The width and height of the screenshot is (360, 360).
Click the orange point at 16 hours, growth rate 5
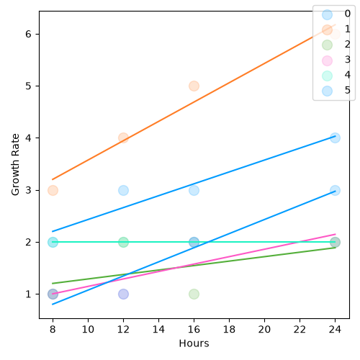pyautogui.click(x=194, y=86)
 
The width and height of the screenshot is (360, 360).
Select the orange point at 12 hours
pyautogui.click(x=123, y=138)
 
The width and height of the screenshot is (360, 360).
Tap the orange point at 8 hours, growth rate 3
pyautogui.click(x=53, y=190)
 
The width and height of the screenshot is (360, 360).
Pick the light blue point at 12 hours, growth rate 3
pyautogui.click(x=123, y=190)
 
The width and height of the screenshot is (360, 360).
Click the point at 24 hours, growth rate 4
pyautogui.click(x=335, y=138)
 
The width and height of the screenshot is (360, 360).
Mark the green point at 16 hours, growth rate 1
pyautogui.click(x=194, y=294)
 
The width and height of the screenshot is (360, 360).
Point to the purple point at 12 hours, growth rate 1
pyautogui.click(x=123, y=294)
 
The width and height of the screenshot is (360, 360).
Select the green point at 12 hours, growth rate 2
pyautogui.click(x=123, y=242)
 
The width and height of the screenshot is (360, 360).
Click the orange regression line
pyautogui.click(x=194, y=102)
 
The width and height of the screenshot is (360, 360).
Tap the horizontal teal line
pyautogui.click(x=194, y=242)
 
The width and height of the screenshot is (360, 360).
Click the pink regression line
pyautogui.click(x=194, y=264)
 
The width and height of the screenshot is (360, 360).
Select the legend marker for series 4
pyautogui.click(x=327, y=76)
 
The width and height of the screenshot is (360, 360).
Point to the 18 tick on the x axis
pyautogui.click(x=229, y=320)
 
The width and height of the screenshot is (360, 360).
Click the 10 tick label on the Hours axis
pyautogui.click(x=88, y=330)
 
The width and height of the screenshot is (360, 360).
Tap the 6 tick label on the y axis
pyautogui.click(x=28, y=34)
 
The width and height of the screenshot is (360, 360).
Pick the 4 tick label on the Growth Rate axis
pyautogui.click(x=28, y=138)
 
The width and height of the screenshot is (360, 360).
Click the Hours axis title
pyautogui.click(x=194, y=343)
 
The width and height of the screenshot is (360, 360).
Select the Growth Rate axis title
pyautogui.click(x=15, y=165)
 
